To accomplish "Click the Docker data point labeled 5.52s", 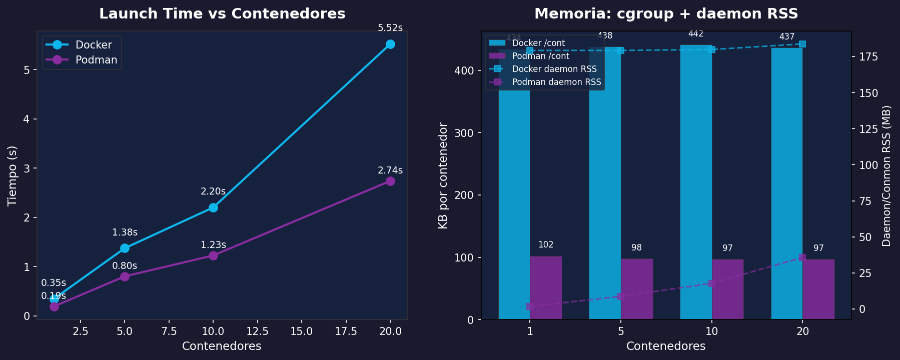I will coord(390,44).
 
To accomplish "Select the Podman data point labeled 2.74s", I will coord(390,181).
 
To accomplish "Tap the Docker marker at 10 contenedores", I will coord(213,207).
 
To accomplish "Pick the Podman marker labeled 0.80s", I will coord(125,276).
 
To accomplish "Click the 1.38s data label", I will coord(125,232).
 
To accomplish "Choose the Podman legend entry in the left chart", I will coord(96,60).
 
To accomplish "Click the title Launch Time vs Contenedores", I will coord(222,14).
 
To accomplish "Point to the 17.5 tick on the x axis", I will coord(346,331).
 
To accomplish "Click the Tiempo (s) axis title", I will coord(13,175).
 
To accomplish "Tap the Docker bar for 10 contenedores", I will coord(696,182).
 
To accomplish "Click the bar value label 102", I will coord(546,245).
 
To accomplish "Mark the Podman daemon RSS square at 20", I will coord(802,257).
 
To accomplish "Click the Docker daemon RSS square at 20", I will coord(802,44).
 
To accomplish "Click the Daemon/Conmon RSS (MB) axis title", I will coord(886,175).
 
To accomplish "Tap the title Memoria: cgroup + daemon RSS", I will coord(666,14).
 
